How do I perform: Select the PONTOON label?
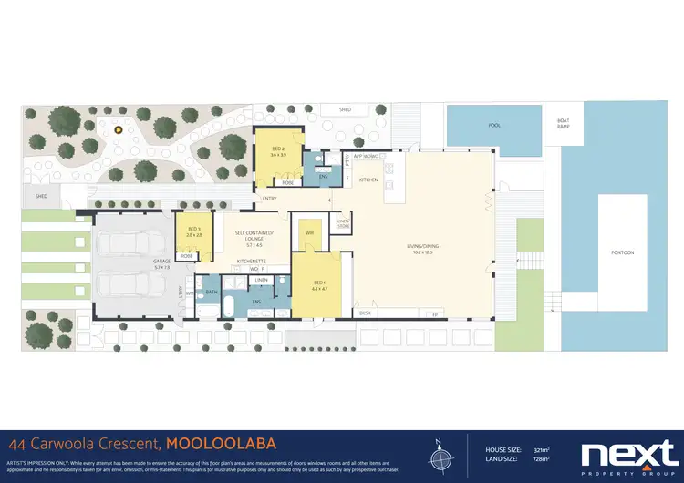click(621, 252)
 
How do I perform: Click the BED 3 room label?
click(193, 231)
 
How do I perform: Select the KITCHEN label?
click(368, 180)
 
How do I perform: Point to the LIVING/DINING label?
click(424, 247)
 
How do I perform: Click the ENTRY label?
click(269, 199)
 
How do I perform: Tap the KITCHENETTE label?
click(252, 262)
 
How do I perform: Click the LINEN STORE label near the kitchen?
click(343, 224)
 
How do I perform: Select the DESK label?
click(365, 313)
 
